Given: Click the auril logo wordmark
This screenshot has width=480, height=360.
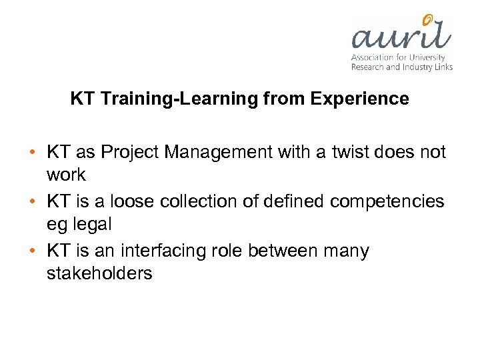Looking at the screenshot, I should coord(400,37).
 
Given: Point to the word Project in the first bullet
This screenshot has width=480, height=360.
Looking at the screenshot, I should coord(129,152).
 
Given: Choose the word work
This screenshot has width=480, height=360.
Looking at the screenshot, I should coord(66,175).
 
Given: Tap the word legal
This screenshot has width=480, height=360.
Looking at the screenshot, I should coord(93,224).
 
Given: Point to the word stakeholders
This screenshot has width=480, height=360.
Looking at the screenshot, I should coord(99,273).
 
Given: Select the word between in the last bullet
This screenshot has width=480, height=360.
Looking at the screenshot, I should coord(281,251).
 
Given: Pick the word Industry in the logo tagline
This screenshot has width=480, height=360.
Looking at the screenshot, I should coord(419,67).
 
